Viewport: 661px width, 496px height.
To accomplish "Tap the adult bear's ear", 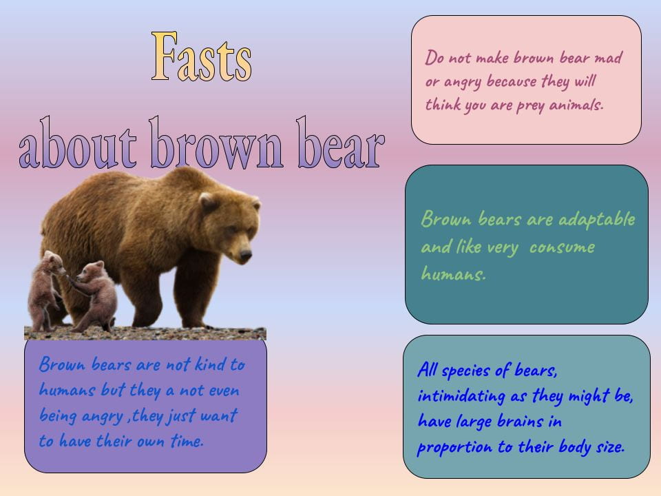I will click(x=206, y=200).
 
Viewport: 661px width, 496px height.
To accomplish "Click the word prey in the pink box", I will click(x=530, y=105).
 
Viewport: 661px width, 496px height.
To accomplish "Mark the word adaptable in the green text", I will click(x=596, y=220).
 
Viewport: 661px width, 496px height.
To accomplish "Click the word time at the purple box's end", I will click(x=186, y=442).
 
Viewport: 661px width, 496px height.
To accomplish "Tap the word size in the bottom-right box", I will click(x=608, y=447).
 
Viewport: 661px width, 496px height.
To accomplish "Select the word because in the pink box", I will click(x=512, y=81).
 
